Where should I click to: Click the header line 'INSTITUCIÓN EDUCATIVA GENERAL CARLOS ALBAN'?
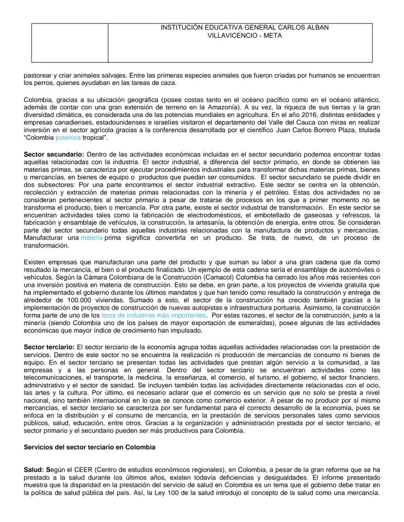click(x=244, y=28)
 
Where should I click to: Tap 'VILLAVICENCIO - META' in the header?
click(x=244, y=36)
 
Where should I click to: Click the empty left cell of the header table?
click(x=69, y=42)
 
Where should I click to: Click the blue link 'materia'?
click(x=91, y=237)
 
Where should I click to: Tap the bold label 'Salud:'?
click(x=34, y=469)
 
